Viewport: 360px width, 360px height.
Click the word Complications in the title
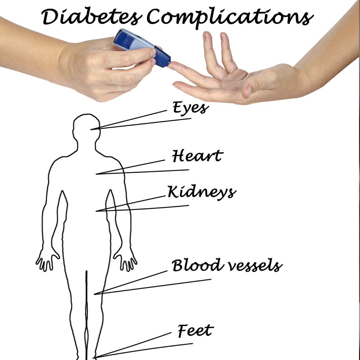[230, 18]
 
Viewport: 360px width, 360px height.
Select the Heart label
[198, 156]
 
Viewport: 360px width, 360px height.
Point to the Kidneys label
[202, 192]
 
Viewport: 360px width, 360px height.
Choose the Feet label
[196, 330]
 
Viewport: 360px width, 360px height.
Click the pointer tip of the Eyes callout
[90, 130]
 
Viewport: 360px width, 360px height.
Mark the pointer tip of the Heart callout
[96, 174]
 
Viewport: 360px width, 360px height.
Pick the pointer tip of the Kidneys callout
[96, 211]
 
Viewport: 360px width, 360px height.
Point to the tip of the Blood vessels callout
[94, 294]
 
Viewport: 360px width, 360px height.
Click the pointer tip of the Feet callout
[93, 358]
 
